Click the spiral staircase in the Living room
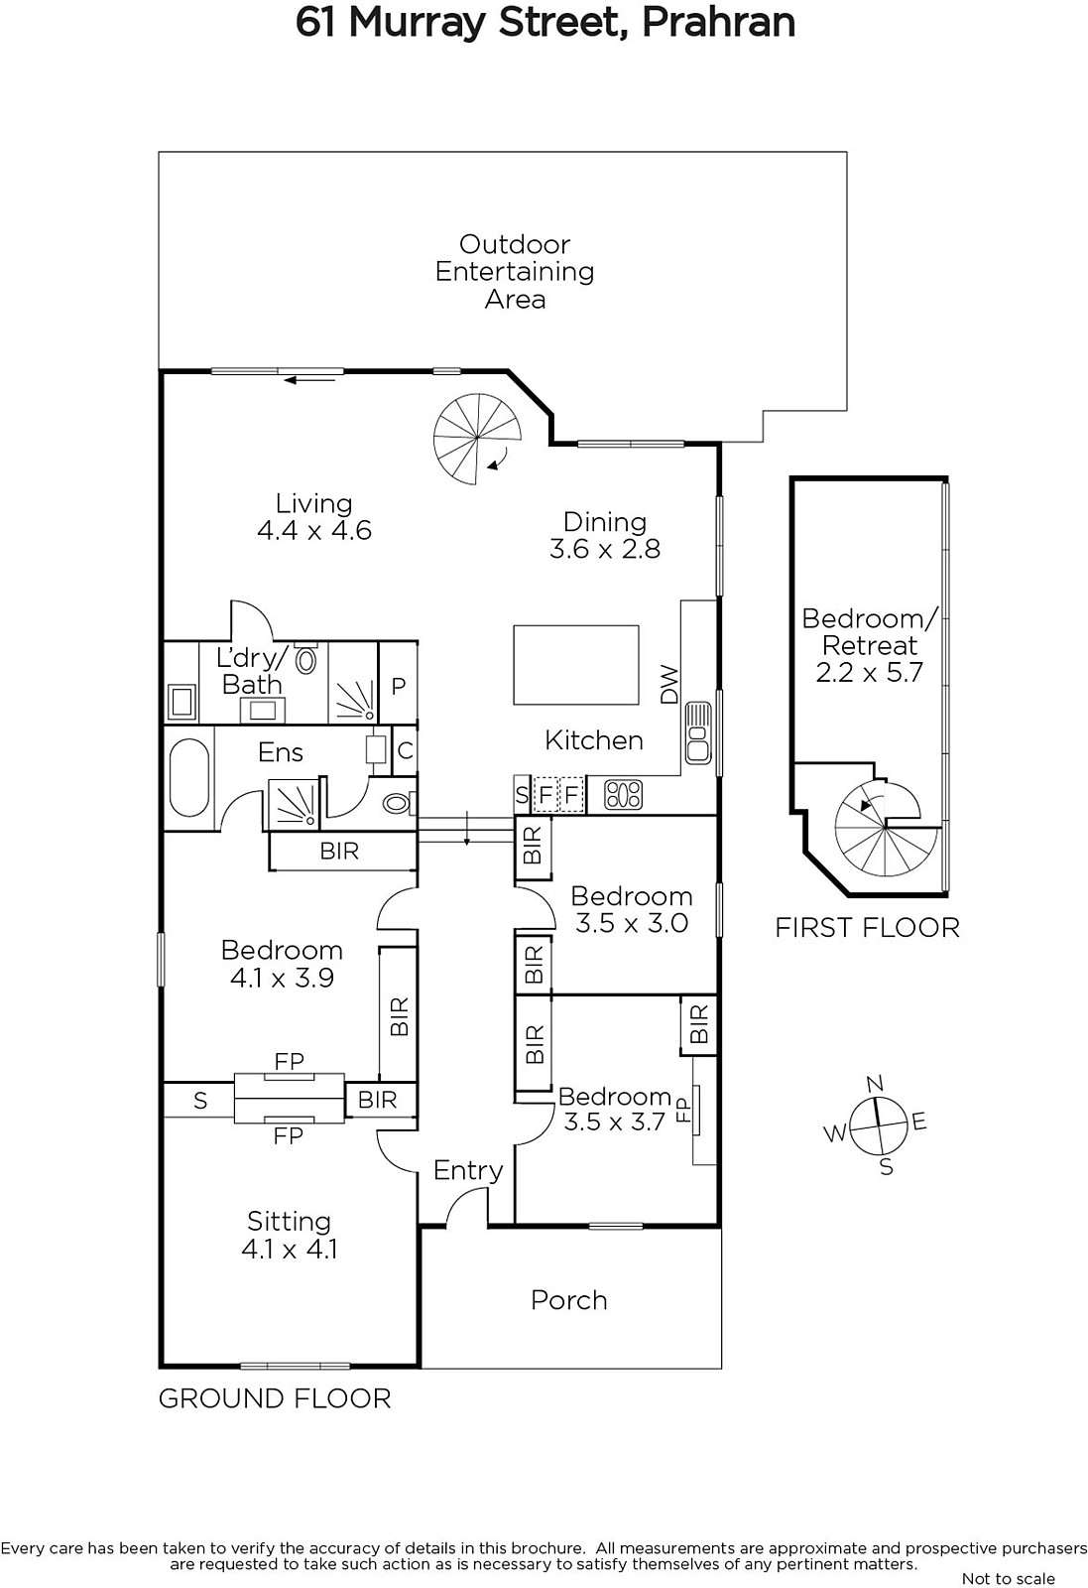[477, 439]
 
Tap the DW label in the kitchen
[669, 685]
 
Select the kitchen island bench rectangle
[576, 664]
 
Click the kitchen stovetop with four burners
[623, 795]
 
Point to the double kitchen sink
[697, 733]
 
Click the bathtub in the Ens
[189, 778]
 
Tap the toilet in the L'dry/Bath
[306, 659]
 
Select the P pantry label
[398, 686]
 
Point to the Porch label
[568, 1300]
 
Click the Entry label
[467, 1170]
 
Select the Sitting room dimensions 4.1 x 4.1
[289, 1249]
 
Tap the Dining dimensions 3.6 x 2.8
[605, 549]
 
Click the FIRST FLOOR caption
[867, 927]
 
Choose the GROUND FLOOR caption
[275, 1398]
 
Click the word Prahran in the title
[718, 23]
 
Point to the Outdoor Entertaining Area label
[515, 272]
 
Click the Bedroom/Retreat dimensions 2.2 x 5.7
[869, 672]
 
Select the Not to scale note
[1009, 1579]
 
